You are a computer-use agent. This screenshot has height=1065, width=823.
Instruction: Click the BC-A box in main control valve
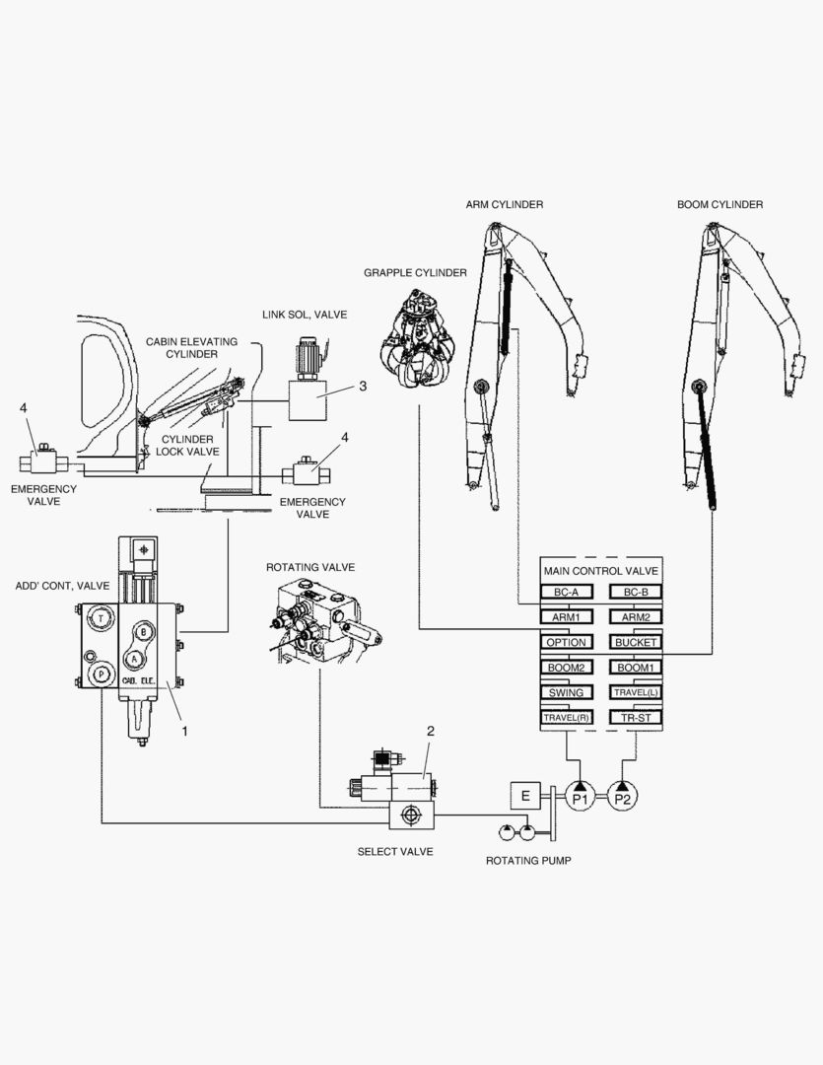point(566,592)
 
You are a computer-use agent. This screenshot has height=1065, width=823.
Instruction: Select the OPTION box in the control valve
point(566,642)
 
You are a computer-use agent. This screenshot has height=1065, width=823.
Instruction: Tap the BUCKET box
point(636,642)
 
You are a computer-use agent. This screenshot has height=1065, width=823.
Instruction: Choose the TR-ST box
point(636,718)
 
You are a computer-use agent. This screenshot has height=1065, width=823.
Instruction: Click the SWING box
point(566,692)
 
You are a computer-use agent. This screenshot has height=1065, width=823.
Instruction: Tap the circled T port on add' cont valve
point(102,618)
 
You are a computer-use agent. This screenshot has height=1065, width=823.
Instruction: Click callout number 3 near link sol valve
point(363,386)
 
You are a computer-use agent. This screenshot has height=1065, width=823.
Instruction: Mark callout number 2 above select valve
point(430,731)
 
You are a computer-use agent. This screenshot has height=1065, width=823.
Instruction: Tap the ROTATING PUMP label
point(528,860)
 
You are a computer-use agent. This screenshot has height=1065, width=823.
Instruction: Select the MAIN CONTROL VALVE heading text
point(599,571)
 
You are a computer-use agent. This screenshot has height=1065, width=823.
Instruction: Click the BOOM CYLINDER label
point(720,204)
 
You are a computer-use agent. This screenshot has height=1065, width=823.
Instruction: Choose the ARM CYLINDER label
point(505,204)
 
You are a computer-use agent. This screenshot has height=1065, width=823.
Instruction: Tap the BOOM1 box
point(636,668)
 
